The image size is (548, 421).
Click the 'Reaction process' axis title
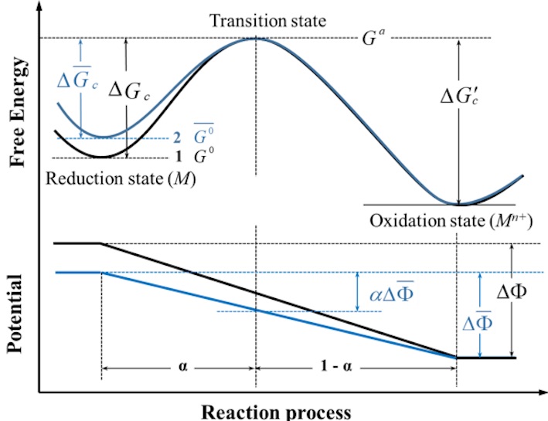pyautogui.click(x=277, y=410)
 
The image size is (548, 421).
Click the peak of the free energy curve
pyautogui.click(x=255, y=39)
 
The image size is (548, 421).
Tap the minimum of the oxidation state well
pyautogui.click(x=459, y=204)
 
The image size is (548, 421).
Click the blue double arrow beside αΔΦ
pyautogui.click(x=358, y=291)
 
